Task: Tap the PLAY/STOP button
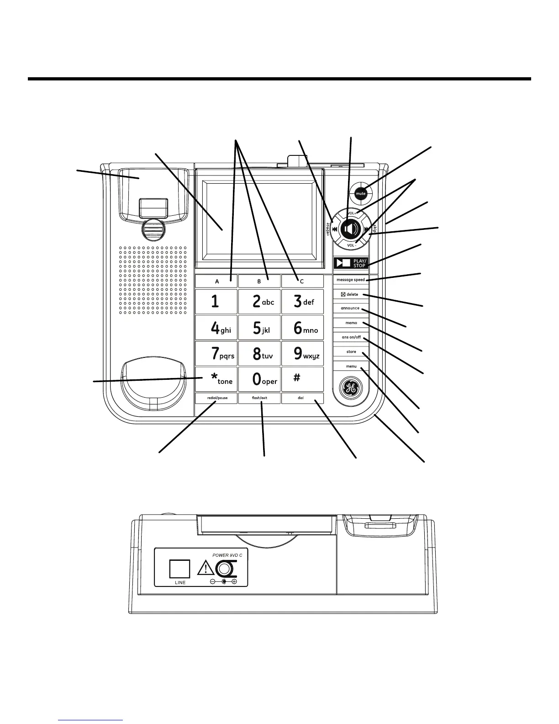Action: pos(351,263)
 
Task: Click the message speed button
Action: pos(351,280)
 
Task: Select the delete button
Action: pos(351,294)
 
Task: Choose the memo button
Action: pos(351,323)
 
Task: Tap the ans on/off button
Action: pos(351,337)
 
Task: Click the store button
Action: pos(351,351)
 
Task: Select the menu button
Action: pos(351,366)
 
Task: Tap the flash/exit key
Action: pos(259,398)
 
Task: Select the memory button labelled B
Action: pos(259,282)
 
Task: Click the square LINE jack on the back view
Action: pos(179,569)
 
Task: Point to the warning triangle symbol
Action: pos(206,569)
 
